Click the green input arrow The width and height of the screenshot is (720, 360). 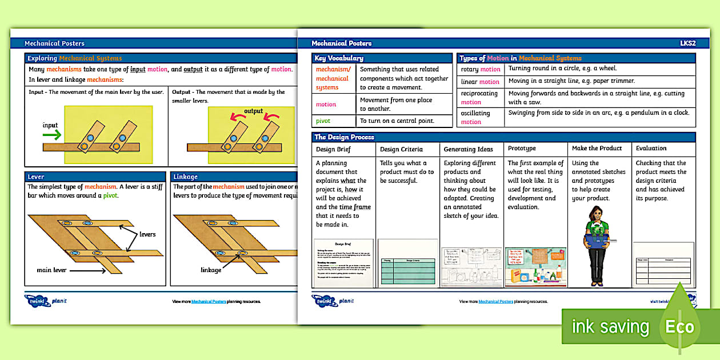[x=53, y=135]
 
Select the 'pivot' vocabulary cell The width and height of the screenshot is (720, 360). [x=323, y=121]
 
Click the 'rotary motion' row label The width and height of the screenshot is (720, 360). [x=480, y=69]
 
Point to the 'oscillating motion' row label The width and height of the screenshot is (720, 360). [x=480, y=118]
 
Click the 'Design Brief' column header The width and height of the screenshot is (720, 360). [x=333, y=149]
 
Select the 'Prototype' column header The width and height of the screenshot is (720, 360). [x=522, y=149]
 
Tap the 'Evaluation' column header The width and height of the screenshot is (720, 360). [x=651, y=149]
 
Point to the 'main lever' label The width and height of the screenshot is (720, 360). [x=52, y=270]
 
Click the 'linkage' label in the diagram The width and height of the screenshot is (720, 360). [x=211, y=270]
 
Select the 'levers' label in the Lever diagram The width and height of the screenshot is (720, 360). [x=147, y=234]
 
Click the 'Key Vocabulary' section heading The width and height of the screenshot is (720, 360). [x=339, y=58]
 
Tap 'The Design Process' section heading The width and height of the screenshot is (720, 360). [x=345, y=137]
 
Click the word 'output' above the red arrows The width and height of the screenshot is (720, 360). [x=254, y=111]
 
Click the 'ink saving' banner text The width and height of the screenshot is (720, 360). [x=610, y=327]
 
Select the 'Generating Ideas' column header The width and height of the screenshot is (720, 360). [x=468, y=149]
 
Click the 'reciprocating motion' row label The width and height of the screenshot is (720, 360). [x=479, y=98]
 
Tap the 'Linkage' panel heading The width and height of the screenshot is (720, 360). [x=185, y=177]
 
